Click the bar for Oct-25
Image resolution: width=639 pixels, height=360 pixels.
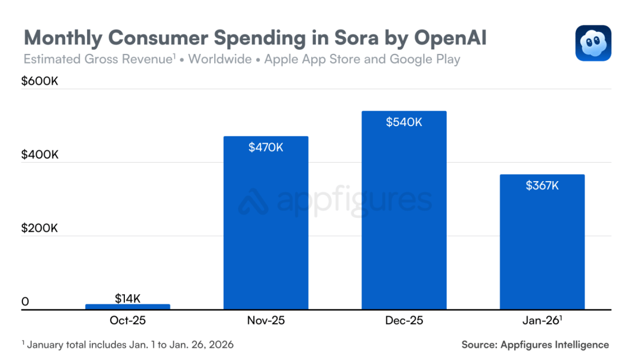128,306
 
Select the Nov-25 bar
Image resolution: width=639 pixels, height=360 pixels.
266,225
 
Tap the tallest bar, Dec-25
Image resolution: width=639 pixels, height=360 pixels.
404,213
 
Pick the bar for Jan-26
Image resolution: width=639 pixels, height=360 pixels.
542,243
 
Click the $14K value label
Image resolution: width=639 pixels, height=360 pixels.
128,298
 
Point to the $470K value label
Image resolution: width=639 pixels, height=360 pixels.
266,147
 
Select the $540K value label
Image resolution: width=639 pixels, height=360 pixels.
404,122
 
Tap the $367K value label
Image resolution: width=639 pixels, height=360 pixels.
542,185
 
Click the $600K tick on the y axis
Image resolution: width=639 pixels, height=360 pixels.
40,82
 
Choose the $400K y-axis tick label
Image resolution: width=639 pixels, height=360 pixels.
40,155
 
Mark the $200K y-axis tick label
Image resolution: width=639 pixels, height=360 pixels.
40,229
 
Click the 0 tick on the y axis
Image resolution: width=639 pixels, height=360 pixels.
25,302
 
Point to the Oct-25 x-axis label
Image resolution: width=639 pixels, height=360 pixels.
128,321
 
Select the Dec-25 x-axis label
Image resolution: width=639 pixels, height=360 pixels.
404,321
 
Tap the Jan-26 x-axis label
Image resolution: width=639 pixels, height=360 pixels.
541,321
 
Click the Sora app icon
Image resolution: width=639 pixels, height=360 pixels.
593,43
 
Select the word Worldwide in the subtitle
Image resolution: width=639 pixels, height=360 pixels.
220,59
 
